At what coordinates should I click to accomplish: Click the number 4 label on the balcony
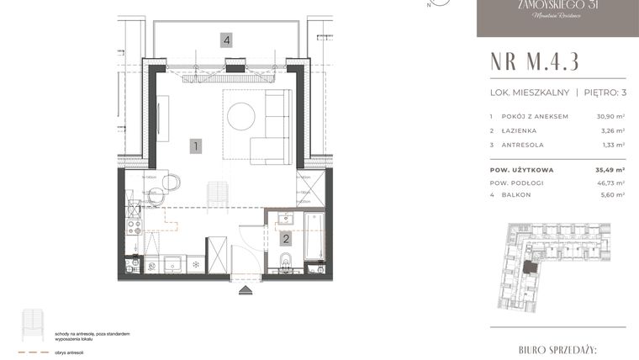(x=226, y=40)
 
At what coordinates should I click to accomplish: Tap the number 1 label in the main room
(x=195, y=146)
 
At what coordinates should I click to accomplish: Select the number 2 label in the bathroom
(x=286, y=239)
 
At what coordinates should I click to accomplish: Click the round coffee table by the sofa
(x=241, y=116)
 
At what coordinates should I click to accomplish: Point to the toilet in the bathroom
(x=287, y=267)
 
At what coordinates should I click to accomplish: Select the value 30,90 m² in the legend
(x=610, y=116)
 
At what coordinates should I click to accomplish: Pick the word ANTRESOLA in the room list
(x=522, y=145)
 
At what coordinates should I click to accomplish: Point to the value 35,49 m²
(x=610, y=169)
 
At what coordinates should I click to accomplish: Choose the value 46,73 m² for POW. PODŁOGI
(x=610, y=182)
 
